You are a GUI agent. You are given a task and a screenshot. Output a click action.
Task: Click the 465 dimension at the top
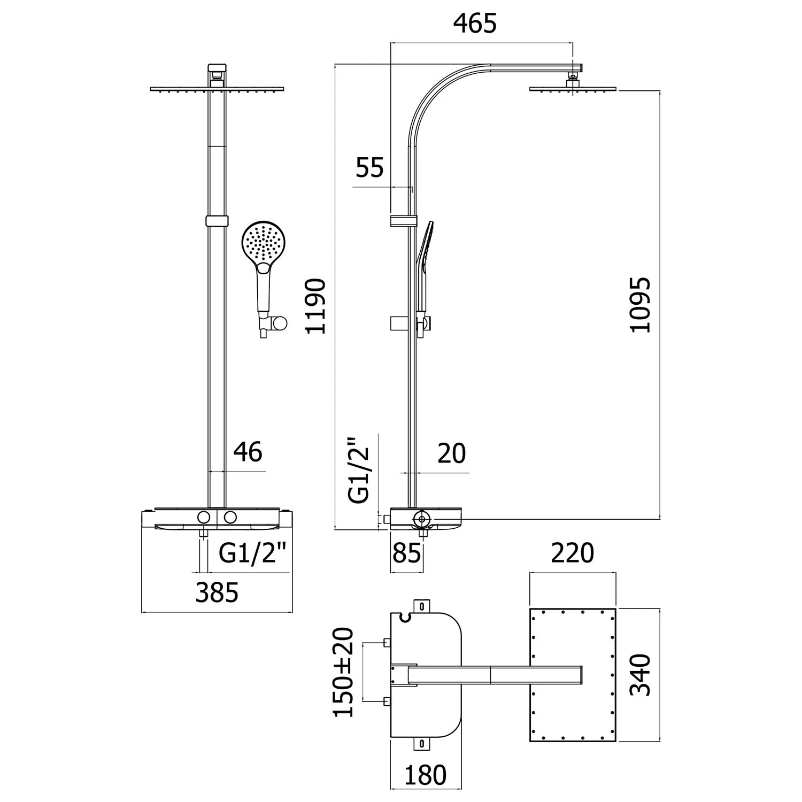point(475,24)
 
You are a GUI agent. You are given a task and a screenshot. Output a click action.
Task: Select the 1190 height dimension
point(315,306)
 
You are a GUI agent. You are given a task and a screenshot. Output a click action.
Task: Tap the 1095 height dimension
point(640,305)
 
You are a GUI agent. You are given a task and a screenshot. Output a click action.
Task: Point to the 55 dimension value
point(369,168)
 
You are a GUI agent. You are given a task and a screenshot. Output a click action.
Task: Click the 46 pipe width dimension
point(248,452)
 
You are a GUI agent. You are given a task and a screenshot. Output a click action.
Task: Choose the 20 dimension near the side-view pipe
point(452,454)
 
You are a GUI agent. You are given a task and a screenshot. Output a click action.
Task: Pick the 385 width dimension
point(217,593)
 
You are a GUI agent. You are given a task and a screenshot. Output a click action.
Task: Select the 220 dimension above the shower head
point(572,553)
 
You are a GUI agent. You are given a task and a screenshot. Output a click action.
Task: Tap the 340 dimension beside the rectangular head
point(640,675)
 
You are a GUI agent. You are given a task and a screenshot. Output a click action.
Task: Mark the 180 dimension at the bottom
point(425,775)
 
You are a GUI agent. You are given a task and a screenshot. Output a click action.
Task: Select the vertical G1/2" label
point(359,471)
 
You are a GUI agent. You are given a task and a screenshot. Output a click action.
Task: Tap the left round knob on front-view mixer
point(204,517)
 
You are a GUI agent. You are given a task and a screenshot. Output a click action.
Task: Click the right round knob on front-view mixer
point(230,517)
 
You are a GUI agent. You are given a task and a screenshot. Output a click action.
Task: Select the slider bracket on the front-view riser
point(217,221)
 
